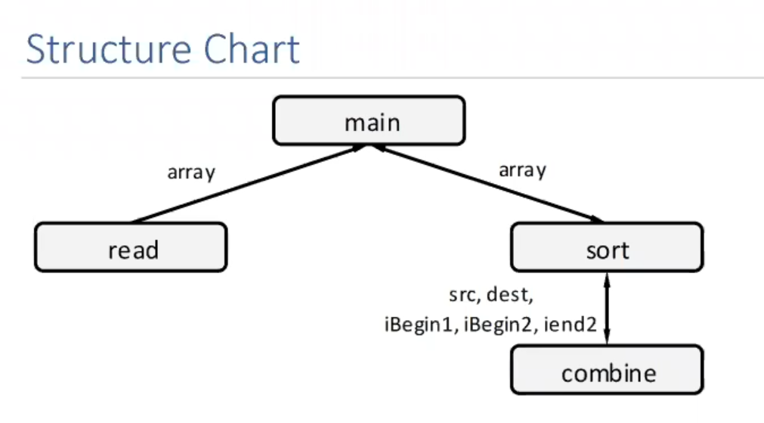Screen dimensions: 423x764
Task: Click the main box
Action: click(x=368, y=120)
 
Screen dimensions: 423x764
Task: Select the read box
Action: click(x=131, y=247)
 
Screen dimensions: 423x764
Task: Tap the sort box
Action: click(x=607, y=247)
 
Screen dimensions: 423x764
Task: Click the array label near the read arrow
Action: click(x=191, y=173)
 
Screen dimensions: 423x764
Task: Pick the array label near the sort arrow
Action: click(x=521, y=170)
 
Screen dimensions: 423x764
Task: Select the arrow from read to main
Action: click(x=249, y=185)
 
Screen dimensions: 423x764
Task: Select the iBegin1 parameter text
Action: click(x=420, y=326)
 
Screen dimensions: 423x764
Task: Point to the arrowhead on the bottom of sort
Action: click(x=608, y=278)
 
